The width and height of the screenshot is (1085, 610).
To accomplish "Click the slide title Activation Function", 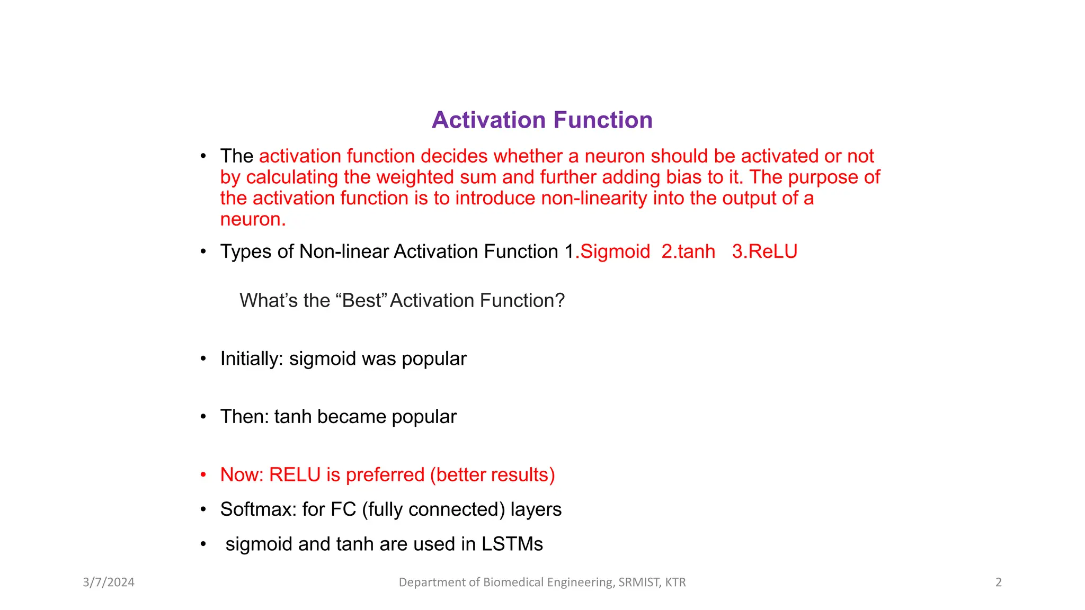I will click(542, 120).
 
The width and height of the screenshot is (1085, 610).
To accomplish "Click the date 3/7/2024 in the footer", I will click(109, 582).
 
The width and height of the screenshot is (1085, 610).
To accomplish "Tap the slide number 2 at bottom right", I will click(998, 582).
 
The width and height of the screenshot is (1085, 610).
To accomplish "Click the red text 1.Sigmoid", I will click(613, 252).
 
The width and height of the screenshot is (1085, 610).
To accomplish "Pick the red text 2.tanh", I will click(688, 252).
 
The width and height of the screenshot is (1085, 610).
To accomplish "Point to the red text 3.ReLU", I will click(764, 252).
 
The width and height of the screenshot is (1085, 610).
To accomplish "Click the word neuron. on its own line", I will click(253, 219).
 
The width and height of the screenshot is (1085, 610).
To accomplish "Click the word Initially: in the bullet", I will click(252, 359).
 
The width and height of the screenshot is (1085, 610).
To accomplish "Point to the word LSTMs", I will click(512, 544).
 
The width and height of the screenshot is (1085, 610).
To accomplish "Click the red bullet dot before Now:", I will click(203, 475).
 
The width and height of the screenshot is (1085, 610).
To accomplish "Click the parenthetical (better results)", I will click(492, 475).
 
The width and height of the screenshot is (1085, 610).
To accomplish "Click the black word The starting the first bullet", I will click(236, 156).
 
